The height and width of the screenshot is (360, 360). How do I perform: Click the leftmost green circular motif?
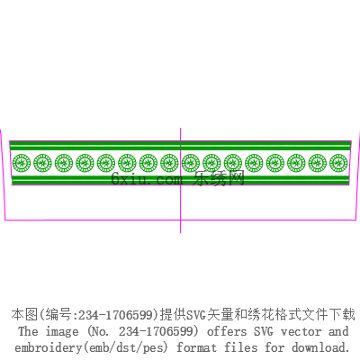(x=22, y=163)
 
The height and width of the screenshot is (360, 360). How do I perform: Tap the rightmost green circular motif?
(x=338, y=163)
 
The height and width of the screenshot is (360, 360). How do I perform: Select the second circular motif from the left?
(x=42, y=163)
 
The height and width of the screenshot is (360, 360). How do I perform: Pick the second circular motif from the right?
(x=318, y=163)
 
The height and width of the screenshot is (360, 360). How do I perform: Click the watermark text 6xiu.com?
(x=147, y=179)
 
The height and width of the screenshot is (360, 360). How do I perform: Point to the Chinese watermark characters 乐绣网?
(x=219, y=178)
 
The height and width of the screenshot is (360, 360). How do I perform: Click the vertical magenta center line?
(x=180, y=180)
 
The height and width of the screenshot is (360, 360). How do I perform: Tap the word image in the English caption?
(x=62, y=331)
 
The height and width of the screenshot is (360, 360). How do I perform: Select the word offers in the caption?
(x=227, y=331)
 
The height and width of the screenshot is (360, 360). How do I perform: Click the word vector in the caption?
(x=301, y=332)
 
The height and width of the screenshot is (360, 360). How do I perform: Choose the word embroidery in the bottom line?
(x=48, y=347)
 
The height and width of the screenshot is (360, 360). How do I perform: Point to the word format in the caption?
(x=196, y=347)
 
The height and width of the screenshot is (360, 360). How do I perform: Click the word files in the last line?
(x=241, y=347)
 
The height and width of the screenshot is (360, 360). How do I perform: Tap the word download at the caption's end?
(x=320, y=347)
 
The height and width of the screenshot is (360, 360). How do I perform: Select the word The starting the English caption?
(x=28, y=331)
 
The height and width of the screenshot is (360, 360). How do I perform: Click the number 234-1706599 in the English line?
(x=155, y=331)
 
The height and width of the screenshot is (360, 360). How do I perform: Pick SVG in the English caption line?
(x=264, y=331)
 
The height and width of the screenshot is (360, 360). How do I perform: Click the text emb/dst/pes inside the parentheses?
(x=125, y=347)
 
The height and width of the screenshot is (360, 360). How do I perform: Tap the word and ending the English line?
(x=338, y=331)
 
